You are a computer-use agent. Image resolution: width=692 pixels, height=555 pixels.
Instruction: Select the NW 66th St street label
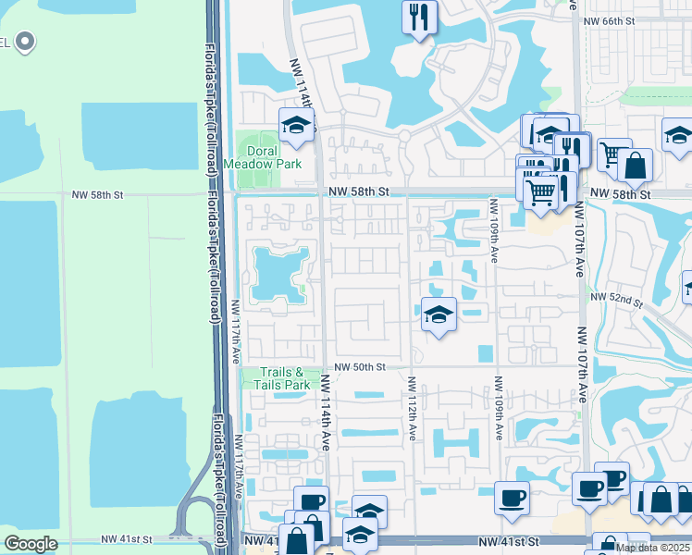(621, 19)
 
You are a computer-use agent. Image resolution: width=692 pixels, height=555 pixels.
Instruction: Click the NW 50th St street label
(360, 367)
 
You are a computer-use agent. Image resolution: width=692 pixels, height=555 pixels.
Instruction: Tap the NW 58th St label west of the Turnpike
(97, 196)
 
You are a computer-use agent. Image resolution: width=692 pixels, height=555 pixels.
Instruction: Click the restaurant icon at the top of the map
(419, 18)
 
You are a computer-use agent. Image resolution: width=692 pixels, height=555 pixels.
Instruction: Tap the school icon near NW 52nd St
(439, 314)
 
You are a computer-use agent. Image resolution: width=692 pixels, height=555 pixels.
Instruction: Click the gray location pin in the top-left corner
(25, 41)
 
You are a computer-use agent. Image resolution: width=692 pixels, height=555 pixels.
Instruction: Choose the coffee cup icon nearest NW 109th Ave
(512, 499)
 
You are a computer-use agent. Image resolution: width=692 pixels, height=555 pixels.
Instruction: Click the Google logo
(31, 544)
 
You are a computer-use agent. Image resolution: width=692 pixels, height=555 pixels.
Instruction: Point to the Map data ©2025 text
(653, 548)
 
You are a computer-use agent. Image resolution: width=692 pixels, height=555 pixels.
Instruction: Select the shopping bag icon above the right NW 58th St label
(636, 166)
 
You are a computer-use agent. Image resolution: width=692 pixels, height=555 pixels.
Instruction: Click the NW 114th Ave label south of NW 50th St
(327, 411)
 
